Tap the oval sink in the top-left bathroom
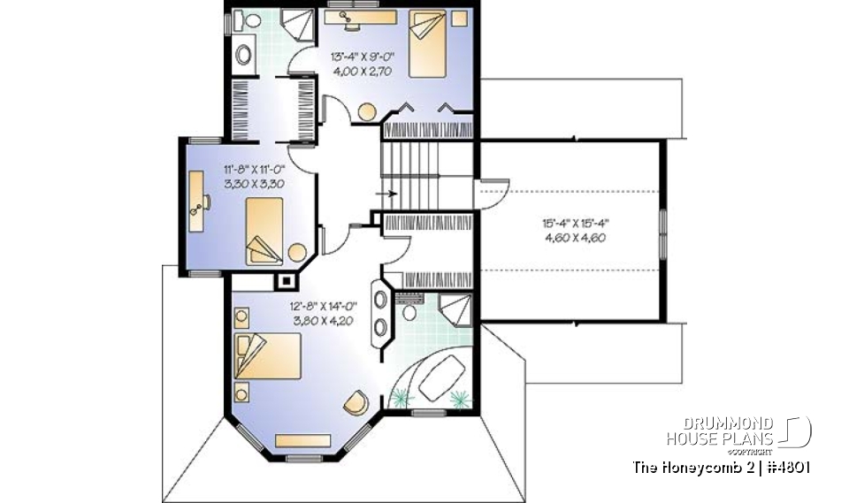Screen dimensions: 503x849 click(243, 54)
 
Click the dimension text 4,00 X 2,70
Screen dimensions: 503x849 click(362, 72)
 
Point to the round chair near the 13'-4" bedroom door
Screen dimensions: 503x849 click(366, 112)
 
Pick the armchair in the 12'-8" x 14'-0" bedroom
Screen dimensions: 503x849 click(356, 402)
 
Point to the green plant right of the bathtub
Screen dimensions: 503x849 click(458, 400)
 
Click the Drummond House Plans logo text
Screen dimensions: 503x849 click(720, 431)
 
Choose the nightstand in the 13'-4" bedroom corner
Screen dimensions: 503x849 click(458, 19)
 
